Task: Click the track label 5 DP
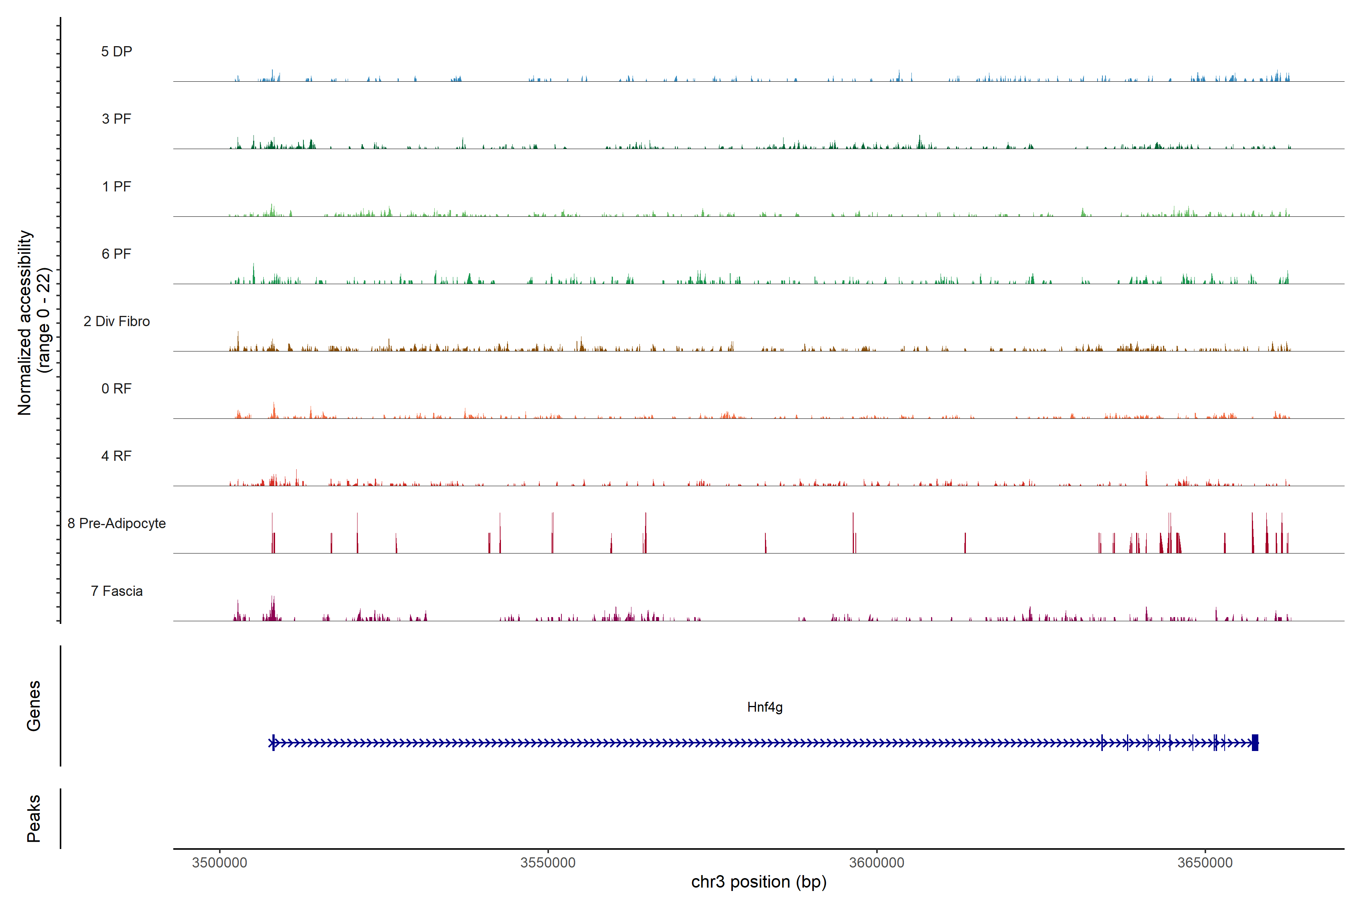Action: (117, 51)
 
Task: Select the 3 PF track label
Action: (117, 119)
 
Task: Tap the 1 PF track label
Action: (117, 187)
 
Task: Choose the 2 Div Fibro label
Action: (117, 321)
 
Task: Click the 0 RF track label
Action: (117, 389)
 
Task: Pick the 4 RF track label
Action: (117, 456)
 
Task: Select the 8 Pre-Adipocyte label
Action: (117, 524)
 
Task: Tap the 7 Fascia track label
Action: (117, 591)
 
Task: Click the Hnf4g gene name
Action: (764, 707)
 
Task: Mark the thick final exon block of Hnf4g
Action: (1255, 742)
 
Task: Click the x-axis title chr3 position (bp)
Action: (759, 882)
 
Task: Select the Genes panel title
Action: (34, 706)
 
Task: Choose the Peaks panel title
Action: (34, 818)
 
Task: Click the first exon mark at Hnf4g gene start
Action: (273, 742)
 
